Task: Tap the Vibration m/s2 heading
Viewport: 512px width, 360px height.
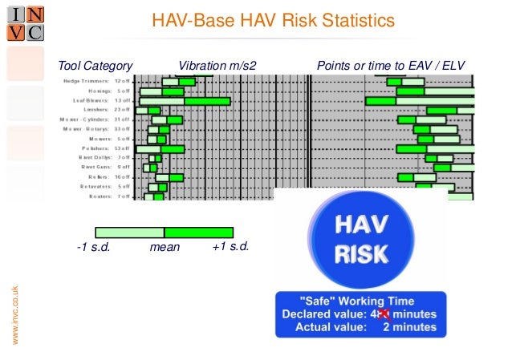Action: [217, 65]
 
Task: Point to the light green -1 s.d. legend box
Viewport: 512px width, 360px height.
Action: [129, 233]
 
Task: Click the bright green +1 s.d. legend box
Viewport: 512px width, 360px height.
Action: [198, 233]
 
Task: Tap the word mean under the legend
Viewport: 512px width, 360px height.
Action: [165, 248]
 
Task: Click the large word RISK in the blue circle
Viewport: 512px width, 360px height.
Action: [360, 253]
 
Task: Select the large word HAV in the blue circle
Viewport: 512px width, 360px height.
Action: [360, 225]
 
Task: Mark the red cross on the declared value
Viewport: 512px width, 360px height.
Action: [384, 313]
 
